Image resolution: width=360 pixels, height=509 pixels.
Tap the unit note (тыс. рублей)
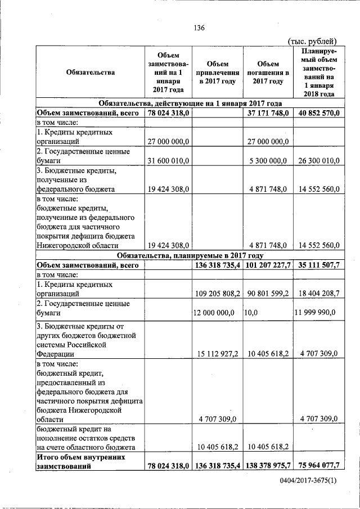[x=312, y=41]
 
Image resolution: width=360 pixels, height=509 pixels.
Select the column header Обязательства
[x=90, y=72]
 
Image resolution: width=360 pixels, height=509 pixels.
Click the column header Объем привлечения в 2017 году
[x=217, y=73]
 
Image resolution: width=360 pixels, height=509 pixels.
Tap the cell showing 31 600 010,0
[x=169, y=161]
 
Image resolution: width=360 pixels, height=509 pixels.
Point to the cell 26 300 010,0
[x=316, y=161]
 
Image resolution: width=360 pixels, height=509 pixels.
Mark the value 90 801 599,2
[x=268, y=294]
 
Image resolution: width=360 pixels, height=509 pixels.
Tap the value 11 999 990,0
[x=316, y=313]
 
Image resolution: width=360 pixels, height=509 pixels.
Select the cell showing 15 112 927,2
[x=219, y=354]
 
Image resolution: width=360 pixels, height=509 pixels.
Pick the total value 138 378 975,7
[x=268, y=466]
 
